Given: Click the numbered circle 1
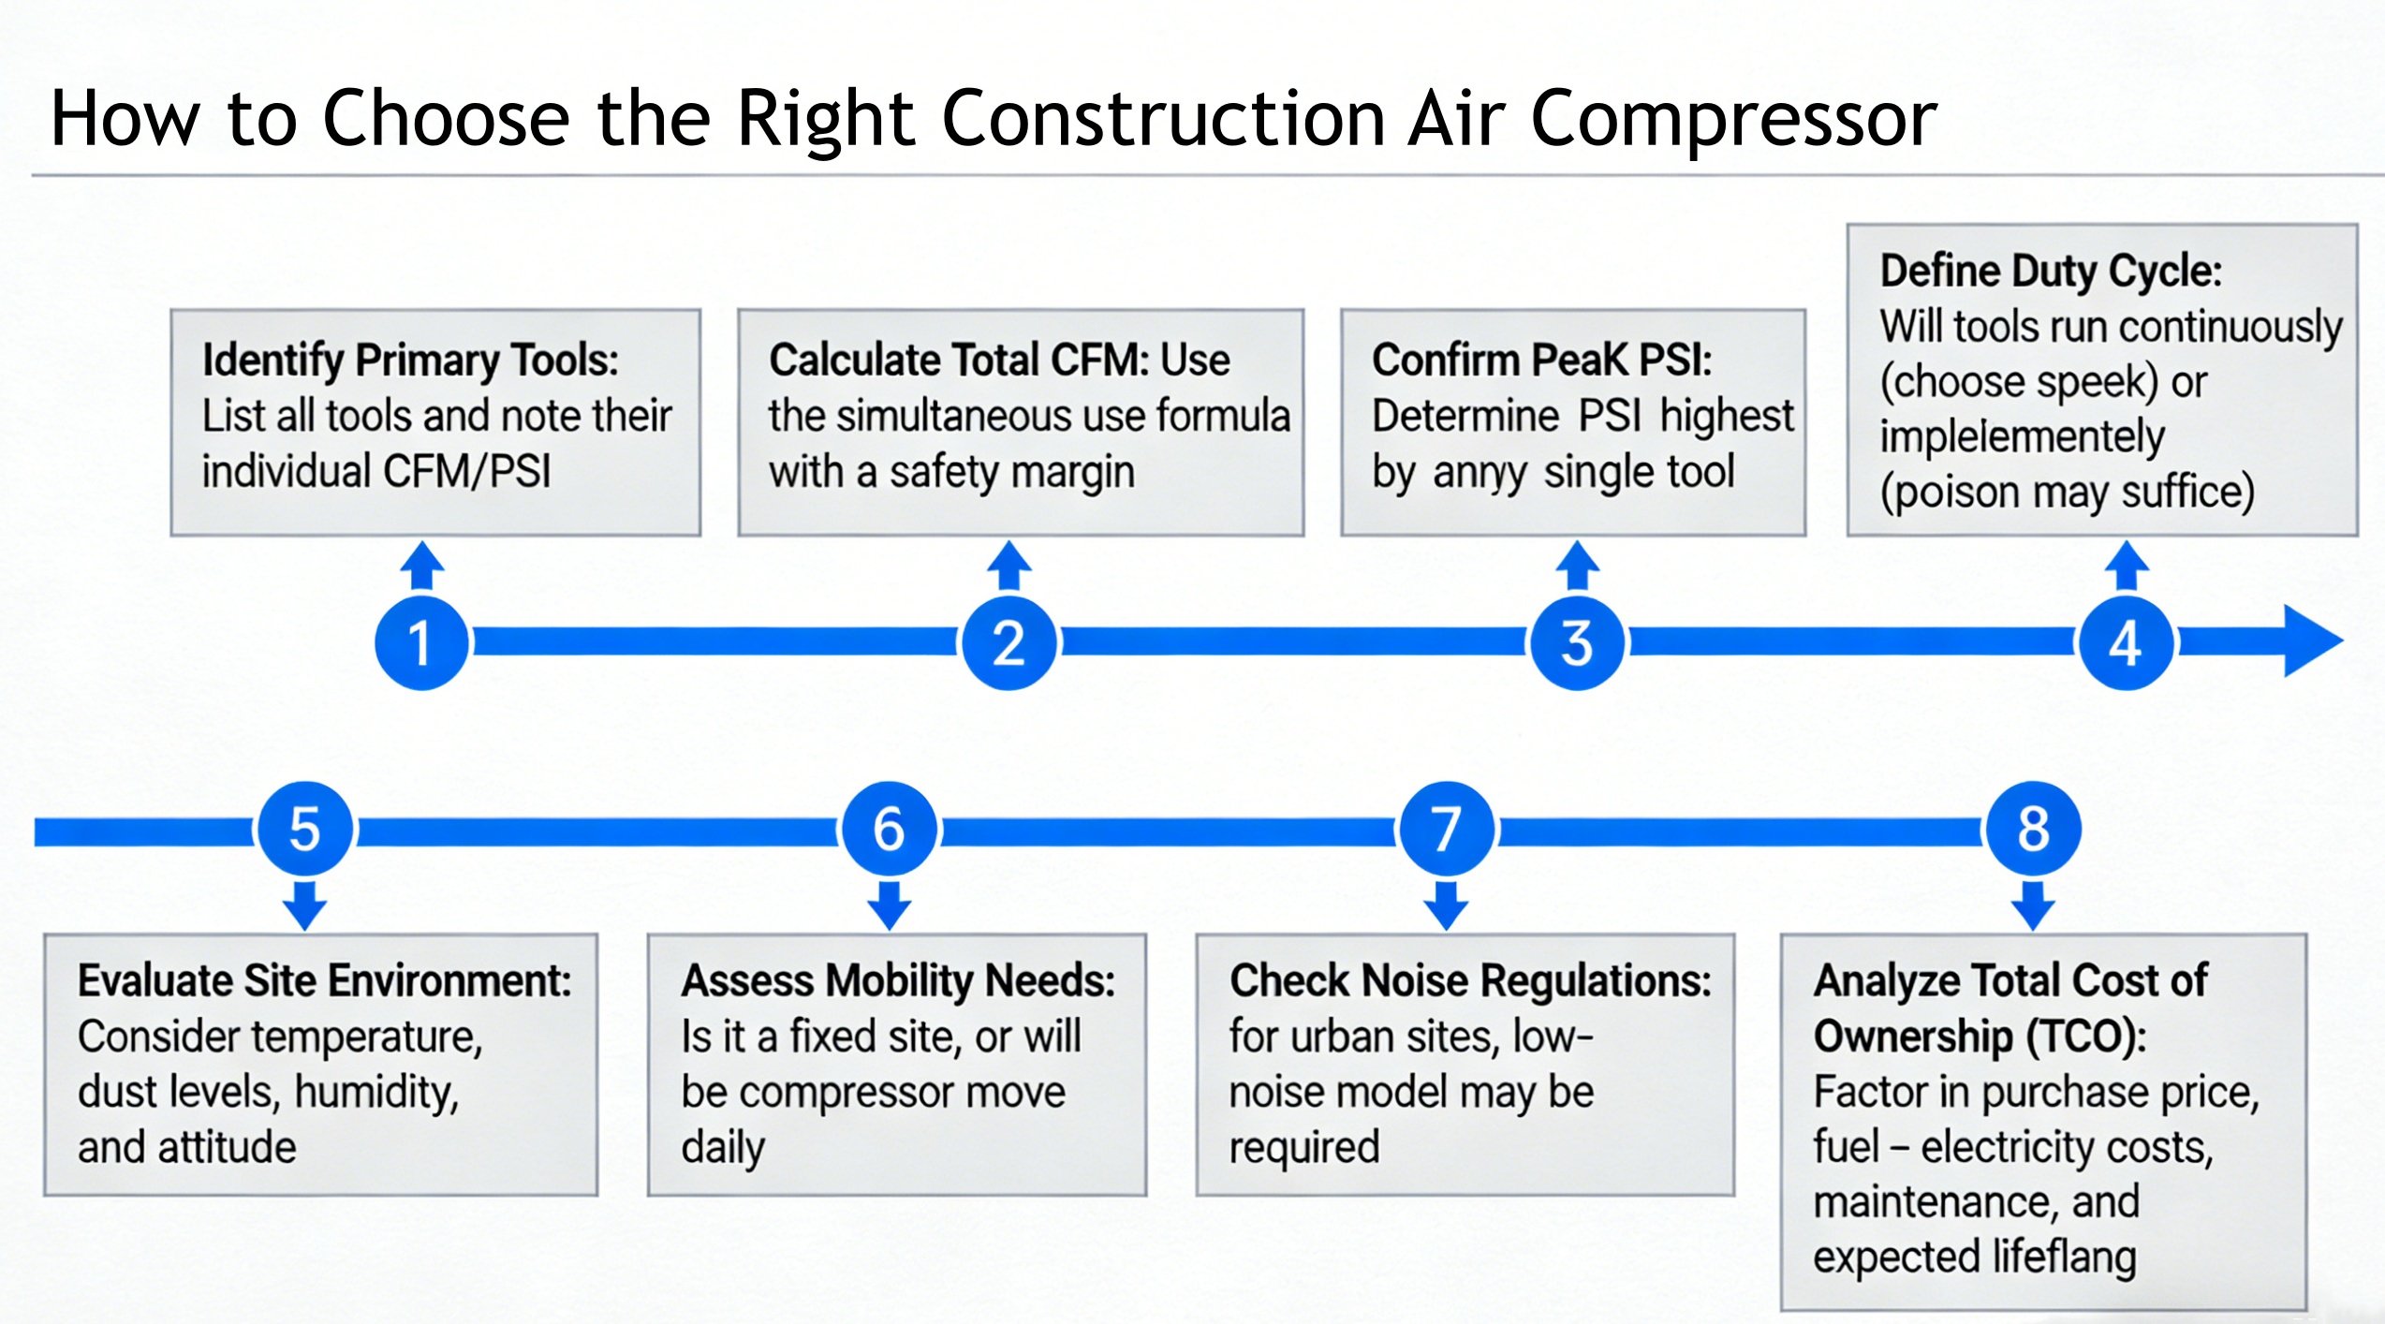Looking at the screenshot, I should pos(421,642).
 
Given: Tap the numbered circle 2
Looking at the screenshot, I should pos(1008,642).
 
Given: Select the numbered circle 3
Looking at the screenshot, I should pos(1577,642).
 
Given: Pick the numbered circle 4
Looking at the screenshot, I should pos(2126,642).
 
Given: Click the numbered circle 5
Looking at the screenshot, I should pos(304,829).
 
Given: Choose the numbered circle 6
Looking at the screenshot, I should pos(889,829).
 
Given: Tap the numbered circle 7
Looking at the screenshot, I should pos(1447,829).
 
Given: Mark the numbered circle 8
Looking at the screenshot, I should pos(2032,829).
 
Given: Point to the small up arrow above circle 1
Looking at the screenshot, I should pos(422,564).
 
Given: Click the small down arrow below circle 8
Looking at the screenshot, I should pos(2033,905).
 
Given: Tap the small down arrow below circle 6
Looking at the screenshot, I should pos(890,905).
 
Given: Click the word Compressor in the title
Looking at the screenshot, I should pos(1733,119).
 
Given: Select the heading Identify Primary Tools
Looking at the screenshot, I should pos(410,360).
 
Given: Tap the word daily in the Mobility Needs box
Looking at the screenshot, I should pos(723,1148).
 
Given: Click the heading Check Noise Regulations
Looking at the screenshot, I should pos(1469,980).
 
